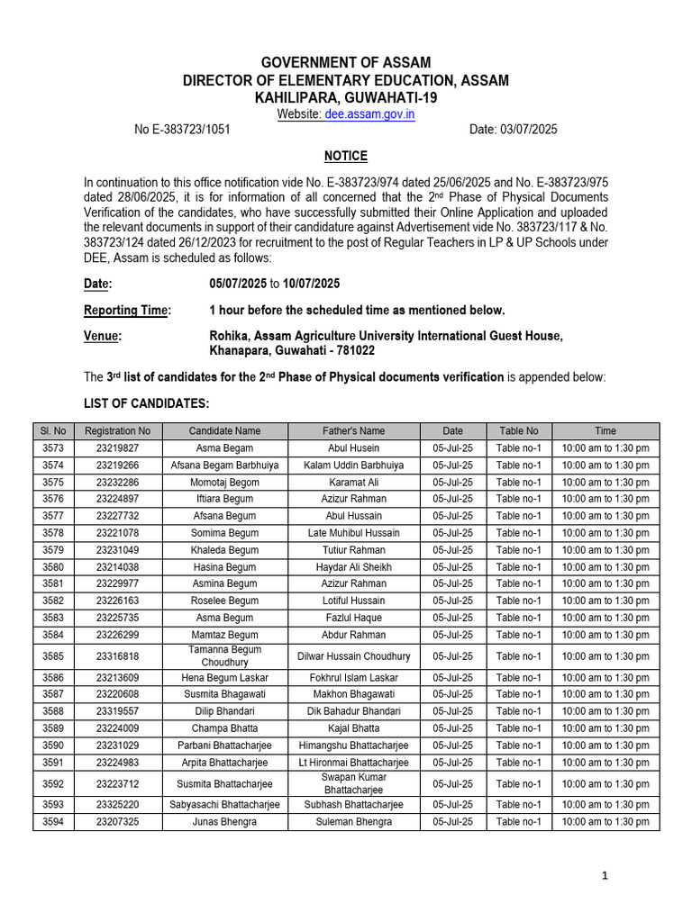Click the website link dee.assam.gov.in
[x=370, y=114]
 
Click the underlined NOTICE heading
[x=346, y=156]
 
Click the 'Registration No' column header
[x=117, y=431]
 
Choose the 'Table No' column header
[x=519, y=431]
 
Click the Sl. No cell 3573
[x=53, y=448]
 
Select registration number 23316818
[x=117, y=656]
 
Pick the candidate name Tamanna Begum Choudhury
[x=224, y=656]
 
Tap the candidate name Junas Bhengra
[x=224, y=822]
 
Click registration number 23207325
[x=117, y=822]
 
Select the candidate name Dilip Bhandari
[x=224, y=711]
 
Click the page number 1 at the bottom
[x=605, y=875]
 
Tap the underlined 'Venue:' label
[x=103, y=336]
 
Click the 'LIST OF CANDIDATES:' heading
[x=146, y=403]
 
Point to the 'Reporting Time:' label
[x=127, y=310]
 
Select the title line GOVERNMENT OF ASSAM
[x=346, y=63]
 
